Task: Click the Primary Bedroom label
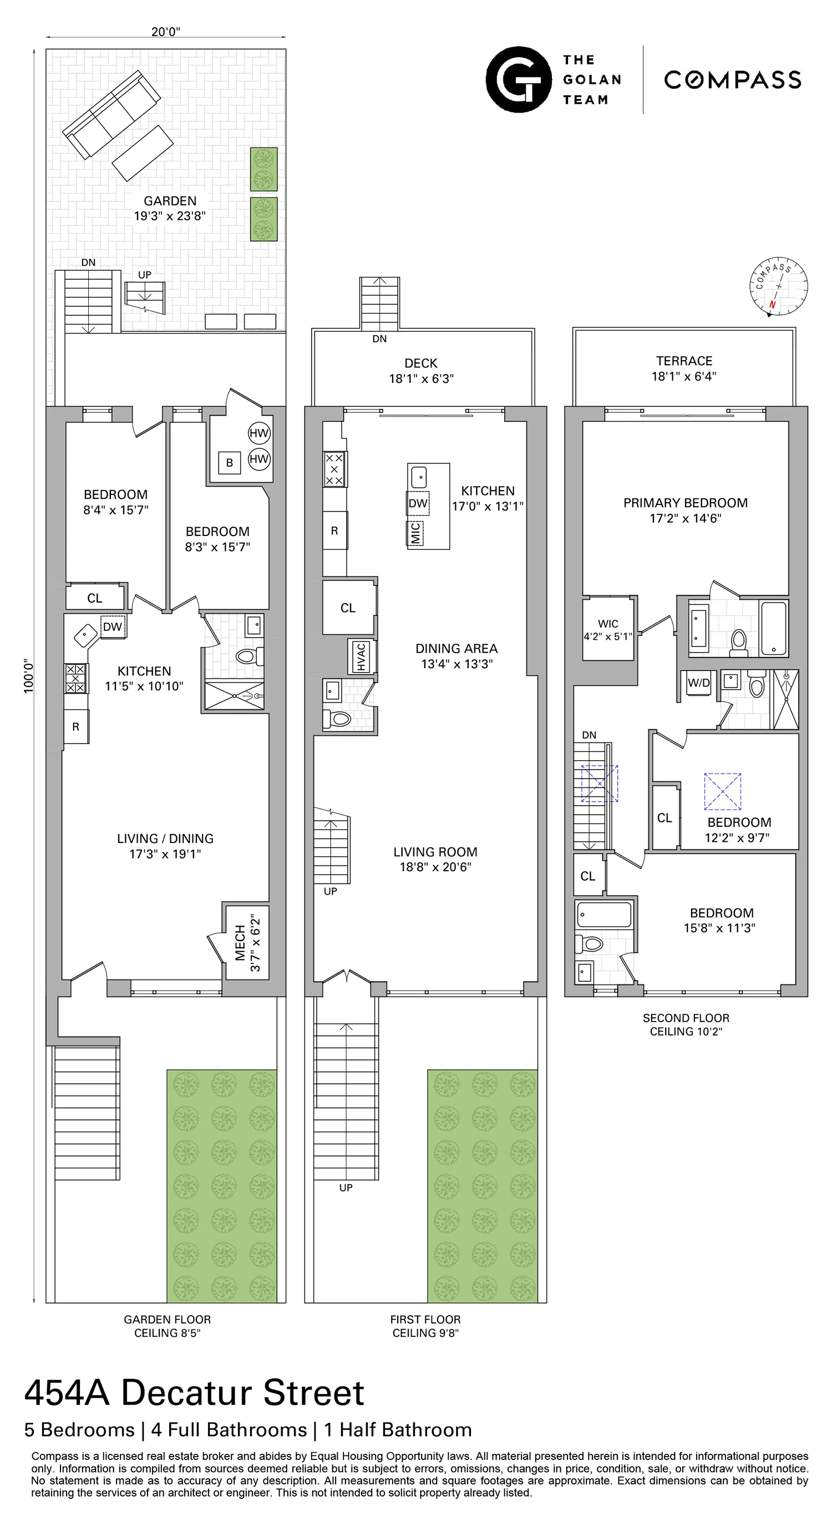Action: (x=685, y=503)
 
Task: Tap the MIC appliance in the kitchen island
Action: (x=415, y=533)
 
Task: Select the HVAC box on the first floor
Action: (x=361, y=656)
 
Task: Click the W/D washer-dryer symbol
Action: (x=698, y=683)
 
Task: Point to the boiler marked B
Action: (x=229, y=463)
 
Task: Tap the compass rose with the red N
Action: (x=778, y=286)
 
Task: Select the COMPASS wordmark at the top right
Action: (x=733, y=79)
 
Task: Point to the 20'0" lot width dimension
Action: (x=165, y=32)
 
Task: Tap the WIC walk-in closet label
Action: (x=608, y=624)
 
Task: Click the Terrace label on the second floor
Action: (x=684, y=361)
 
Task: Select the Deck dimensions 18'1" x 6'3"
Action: (x=421, y=378)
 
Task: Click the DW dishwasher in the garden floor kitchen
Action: (x=113, y=626)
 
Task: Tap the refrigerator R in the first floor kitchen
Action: (x=334, y=531)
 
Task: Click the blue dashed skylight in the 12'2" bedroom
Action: (x=722, y=791)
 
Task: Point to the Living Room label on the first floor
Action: (x=435, y=852)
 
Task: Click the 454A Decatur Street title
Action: (x=194, y=1393)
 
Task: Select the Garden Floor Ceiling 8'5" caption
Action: (x=167, y=1326)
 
